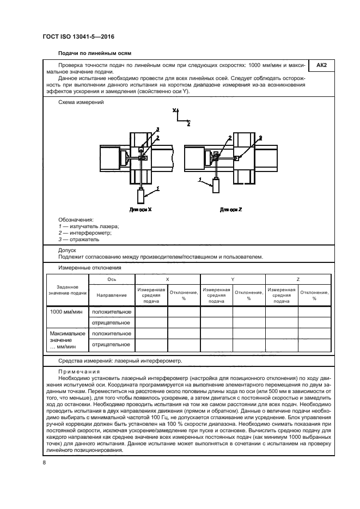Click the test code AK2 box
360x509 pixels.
click(x=321, y=66)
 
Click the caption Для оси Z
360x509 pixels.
click(x=230, y=209)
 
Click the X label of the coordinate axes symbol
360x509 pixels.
click(x=175, y=111)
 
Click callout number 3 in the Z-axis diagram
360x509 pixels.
click(x=260, y=138)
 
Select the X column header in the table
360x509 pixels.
click(x=167, y=279)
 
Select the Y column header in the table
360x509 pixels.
click(x=233, y=279)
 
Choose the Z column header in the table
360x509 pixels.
click(x=298, y=279)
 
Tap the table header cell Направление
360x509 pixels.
click(x=112, y=295)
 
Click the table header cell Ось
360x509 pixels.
click(x=112, y=279)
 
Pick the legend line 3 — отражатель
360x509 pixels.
click(x=79, y=239)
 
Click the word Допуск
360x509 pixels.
click(x=67, y=250)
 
